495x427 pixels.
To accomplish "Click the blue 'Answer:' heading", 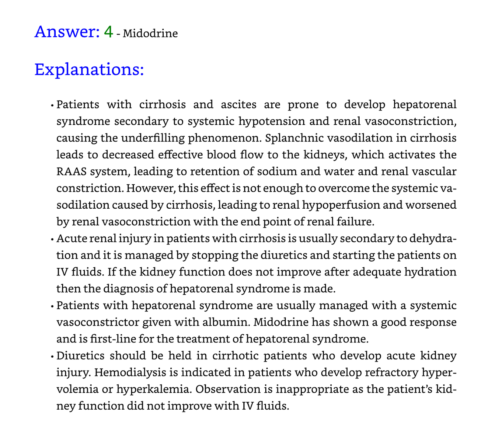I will tap(67, 32).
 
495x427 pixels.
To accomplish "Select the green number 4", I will tap(108, 32).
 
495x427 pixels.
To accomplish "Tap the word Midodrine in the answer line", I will tap(150, 34).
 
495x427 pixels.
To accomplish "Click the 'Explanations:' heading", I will tap(89, 69).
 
